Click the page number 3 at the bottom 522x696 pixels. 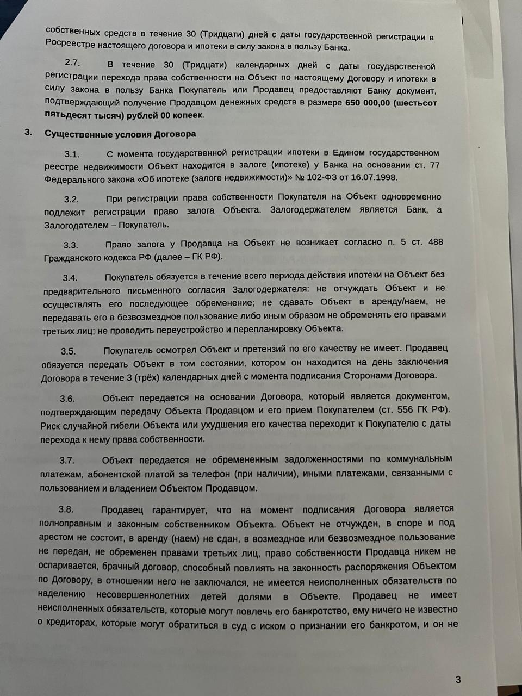coord(458,679)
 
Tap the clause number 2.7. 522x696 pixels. coord(72,63)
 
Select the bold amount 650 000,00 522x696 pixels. coord(368,103)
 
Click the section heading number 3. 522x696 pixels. coord(29,132)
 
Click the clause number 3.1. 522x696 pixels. coord(72,154)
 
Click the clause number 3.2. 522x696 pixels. coord(71,199)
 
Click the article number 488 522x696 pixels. coord(436,241)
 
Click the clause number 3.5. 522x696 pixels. coord(69,351)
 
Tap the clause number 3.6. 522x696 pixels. coord(67,399)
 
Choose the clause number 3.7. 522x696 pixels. coord(67,461)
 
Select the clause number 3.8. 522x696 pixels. coord(66,509)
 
